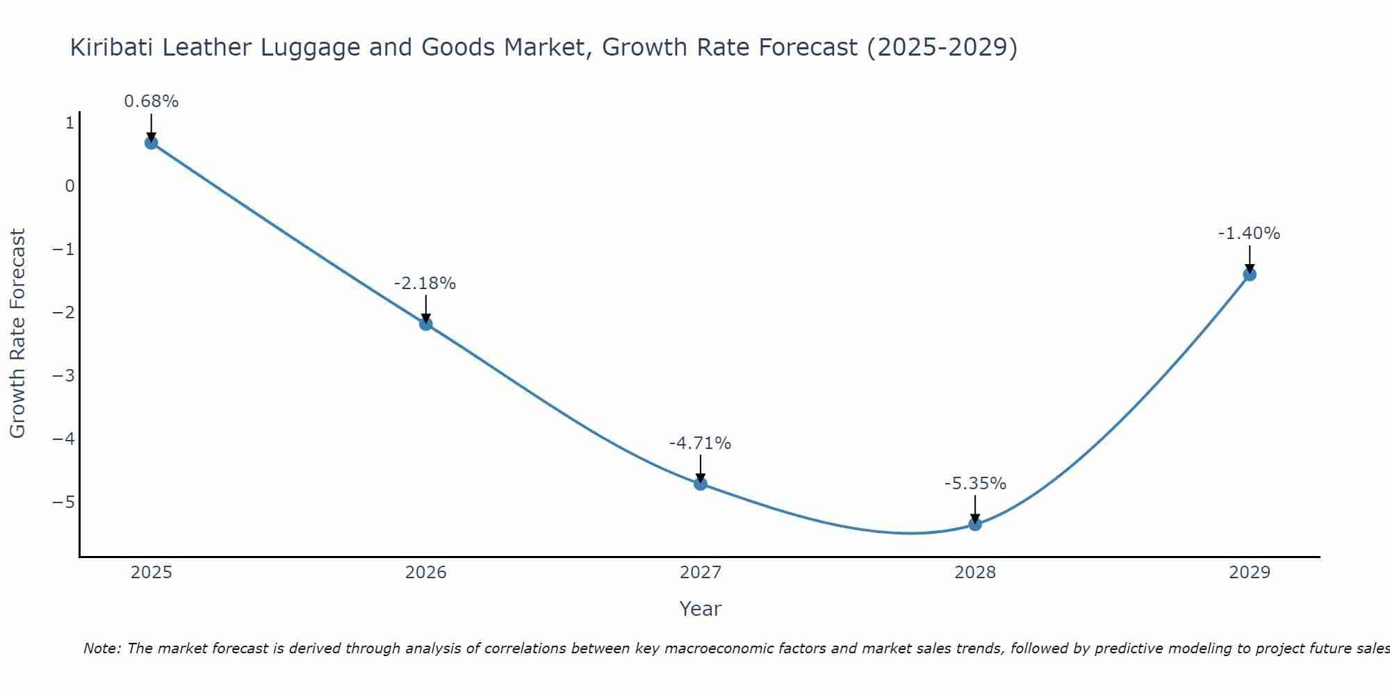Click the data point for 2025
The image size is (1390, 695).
[152, 143]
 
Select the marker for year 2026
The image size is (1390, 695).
[426, 324]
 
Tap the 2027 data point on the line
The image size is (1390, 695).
[701, 484]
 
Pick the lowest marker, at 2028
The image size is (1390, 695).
[975, 524]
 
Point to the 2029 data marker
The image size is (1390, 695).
[1250, 275]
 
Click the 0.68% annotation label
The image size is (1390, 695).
[152, 101]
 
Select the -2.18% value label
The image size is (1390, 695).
[425, 284]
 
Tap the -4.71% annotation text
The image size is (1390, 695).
[700, 443]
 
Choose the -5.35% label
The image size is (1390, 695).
[975, 484]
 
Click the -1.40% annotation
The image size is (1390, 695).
[1249, 234]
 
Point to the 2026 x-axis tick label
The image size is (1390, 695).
[426, 573]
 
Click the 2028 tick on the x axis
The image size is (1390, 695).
[975, 573]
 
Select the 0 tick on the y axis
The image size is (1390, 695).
[69, 186]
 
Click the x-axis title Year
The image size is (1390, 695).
[700, 609]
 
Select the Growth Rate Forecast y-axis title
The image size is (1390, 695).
[17, 334]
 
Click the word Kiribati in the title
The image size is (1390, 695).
[112, 47]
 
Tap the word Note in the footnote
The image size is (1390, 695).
[102, 648]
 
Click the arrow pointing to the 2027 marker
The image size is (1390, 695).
[701, 469]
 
